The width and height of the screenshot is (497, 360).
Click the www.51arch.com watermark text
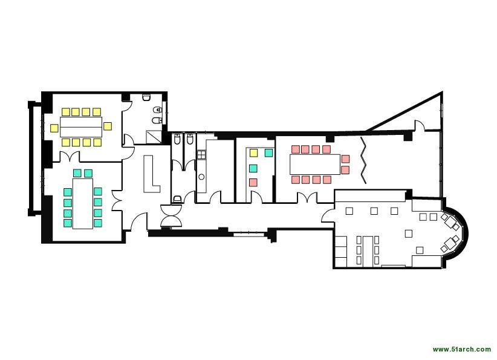point(461,349)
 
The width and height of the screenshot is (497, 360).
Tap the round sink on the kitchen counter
point(201,177)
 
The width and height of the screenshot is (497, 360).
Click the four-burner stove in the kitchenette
point(201,155)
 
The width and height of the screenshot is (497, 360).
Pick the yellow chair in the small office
point(253,153)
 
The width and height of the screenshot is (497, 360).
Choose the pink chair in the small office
point(253,183)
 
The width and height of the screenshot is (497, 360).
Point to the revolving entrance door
point(171,215)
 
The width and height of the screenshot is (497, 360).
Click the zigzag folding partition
point(363,160)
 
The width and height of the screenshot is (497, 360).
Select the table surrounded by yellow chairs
point(81,127)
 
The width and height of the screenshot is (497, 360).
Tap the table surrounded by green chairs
point(83,204)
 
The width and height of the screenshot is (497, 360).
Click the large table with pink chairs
point(315,165)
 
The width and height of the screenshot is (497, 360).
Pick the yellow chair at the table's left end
point(54,128)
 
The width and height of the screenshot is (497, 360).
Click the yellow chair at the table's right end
point(108,126)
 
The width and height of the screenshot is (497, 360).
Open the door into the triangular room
point(420,125)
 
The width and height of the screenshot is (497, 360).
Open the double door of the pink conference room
point(307,197)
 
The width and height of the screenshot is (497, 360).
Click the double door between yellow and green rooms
point(70,157)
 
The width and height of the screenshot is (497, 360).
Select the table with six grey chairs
point(368,250)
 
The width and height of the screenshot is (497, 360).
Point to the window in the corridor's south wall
point(248,234)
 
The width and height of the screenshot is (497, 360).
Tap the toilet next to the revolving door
point(178,199)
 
